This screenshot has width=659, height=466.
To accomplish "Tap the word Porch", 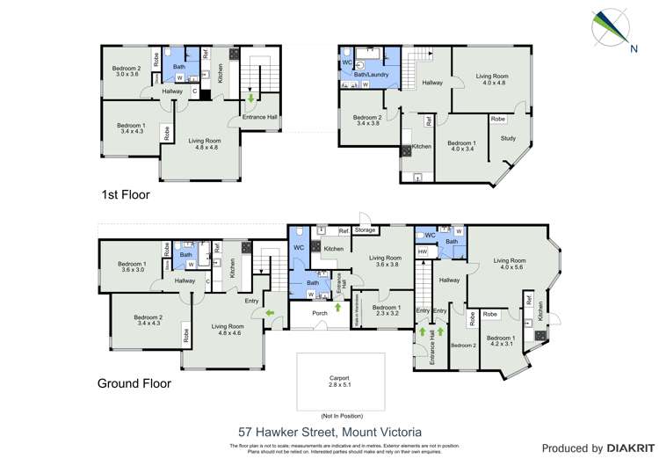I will tap(313, 317).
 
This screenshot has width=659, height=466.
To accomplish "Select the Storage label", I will tap(365, 230).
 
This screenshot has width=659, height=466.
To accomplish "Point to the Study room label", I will tap(508, 138).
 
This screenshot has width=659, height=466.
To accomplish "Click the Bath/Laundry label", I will tap(371, 75).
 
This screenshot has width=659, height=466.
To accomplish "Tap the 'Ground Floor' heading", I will tap(134, 383).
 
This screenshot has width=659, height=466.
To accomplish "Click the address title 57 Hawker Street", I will tap(329, 432).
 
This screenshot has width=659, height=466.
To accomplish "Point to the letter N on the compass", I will tap(634, 49).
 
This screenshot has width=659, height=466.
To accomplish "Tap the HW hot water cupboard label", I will tap(423, 251).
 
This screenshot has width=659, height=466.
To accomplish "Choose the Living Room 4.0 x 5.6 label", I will tap(509, 264).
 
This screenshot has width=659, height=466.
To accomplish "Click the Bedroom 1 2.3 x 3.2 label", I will tap(385, 309).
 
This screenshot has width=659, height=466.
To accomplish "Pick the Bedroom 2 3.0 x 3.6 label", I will tap(127, 71).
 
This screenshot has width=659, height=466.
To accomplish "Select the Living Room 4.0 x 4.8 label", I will tap(491, 80).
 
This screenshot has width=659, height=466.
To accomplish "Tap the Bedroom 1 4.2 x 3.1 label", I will tap(501, 341).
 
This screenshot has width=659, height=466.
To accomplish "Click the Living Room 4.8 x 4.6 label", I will tap(227, 330).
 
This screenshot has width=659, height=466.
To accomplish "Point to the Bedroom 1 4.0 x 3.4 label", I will tap(461, 146).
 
